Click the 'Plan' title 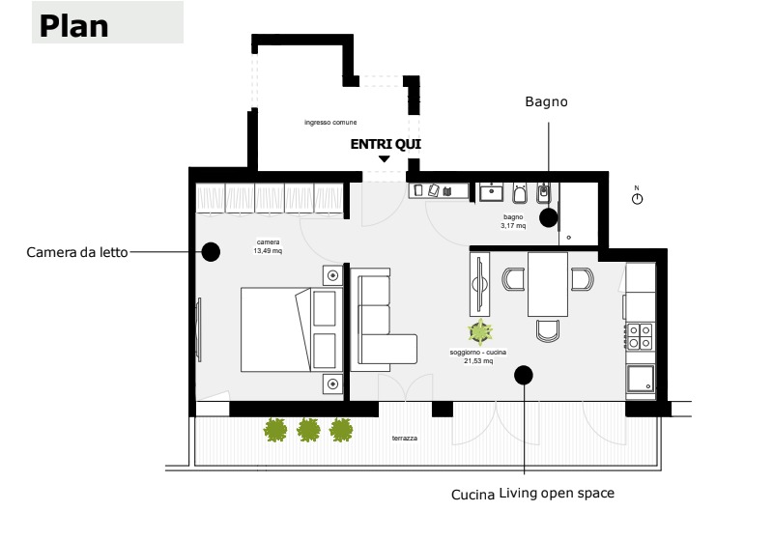(74, 26)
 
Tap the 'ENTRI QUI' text (386, 144)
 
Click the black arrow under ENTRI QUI (384, 159)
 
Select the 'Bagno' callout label (546, 101)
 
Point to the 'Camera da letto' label (77, 252)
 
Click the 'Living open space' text (557, 494)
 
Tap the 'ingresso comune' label (330, 122)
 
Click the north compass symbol (637, 198)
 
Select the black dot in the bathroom (548, 217)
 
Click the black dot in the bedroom (211, 252)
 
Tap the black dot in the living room (524, 375)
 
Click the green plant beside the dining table (480, 331)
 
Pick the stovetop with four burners (640, 336)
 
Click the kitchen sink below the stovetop (641, 378)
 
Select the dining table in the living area (547, 284)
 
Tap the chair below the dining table (548, 330)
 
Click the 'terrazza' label (405, 438)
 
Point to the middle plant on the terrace (308, 430)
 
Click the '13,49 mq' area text (268, 251)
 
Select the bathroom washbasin (492, 191)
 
